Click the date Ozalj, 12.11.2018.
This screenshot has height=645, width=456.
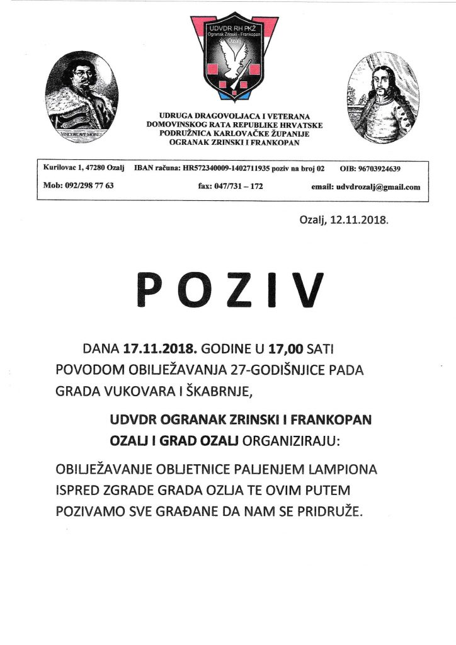pyautogui.click(x=343, y=222)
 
